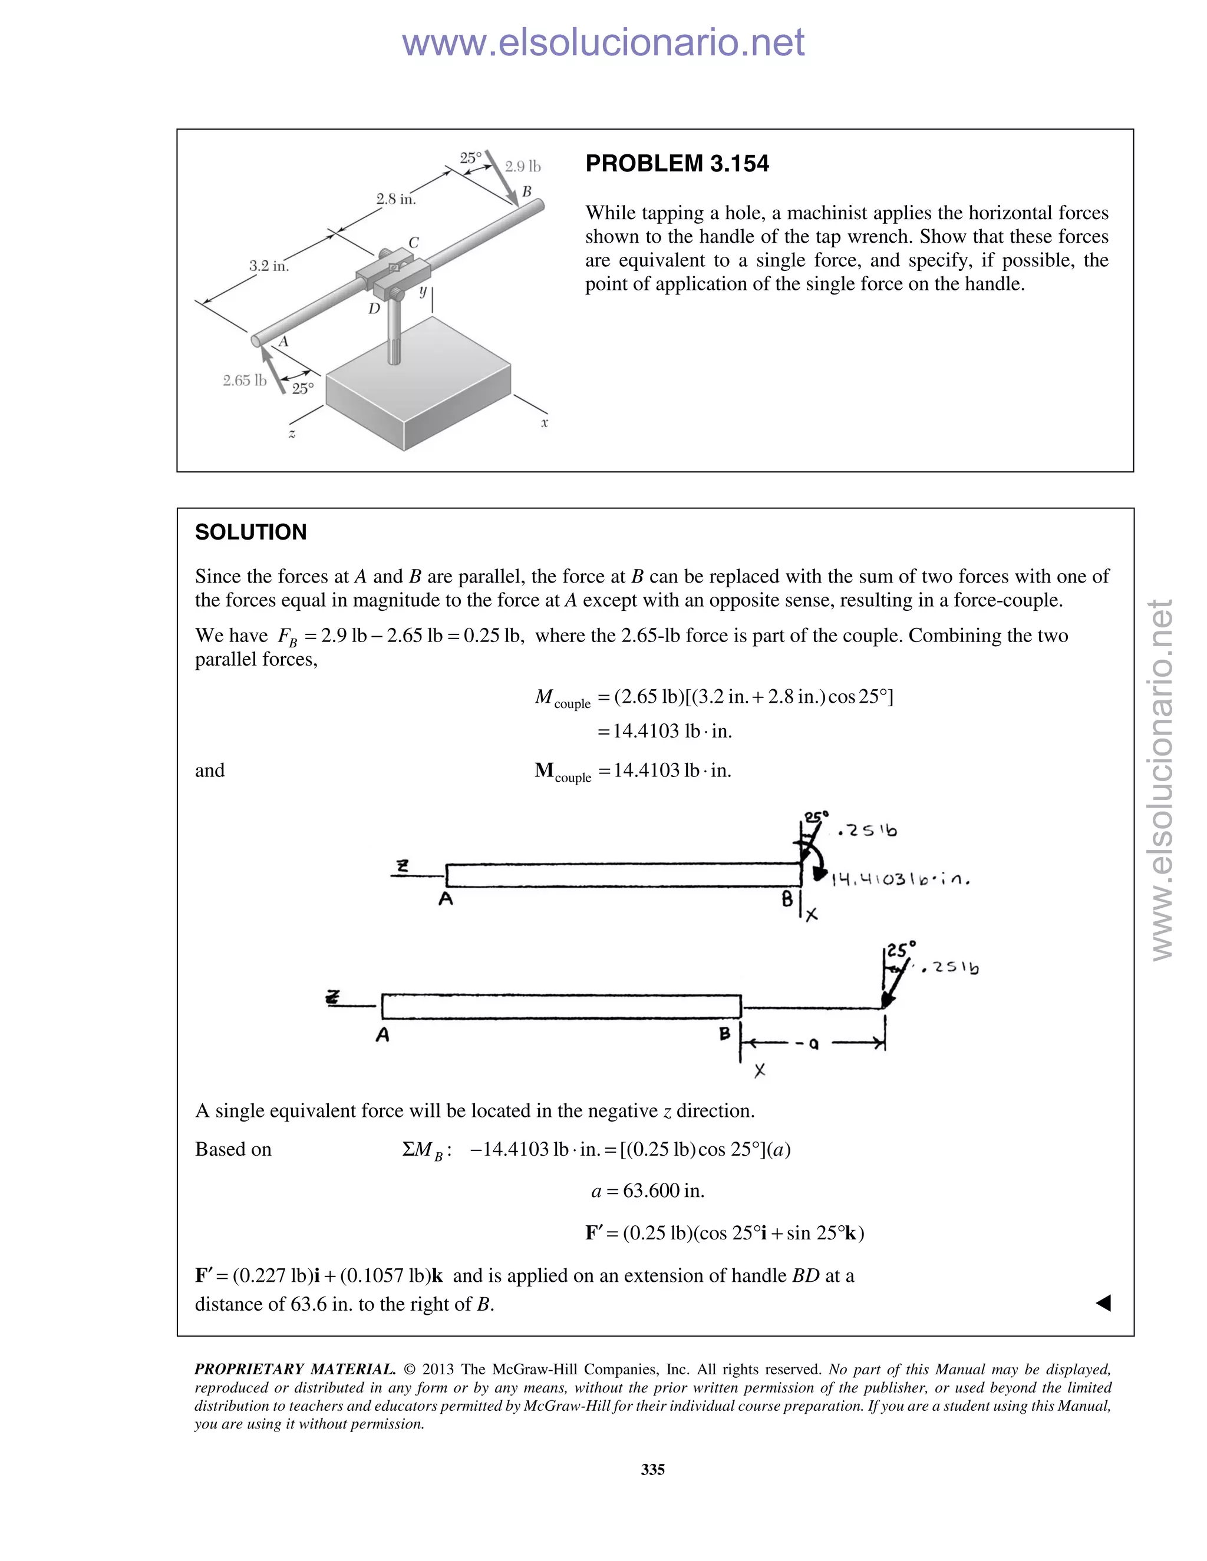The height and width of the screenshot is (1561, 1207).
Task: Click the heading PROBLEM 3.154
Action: [677, 164]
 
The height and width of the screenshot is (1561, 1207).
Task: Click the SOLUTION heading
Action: [250, 532]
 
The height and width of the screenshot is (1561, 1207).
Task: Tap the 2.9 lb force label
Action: [523, 167]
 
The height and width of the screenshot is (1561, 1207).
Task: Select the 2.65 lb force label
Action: [245, 381]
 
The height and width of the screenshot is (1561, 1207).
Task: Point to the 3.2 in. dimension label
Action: [269, 266]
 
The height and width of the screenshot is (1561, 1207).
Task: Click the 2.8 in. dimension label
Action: [396, 200]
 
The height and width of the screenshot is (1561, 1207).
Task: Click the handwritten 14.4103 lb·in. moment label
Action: [899, 880]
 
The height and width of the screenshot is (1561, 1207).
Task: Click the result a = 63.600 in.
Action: [648, 1190]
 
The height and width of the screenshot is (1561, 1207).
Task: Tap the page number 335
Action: [653, 1470]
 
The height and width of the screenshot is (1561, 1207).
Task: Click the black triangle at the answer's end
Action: [1103, 1303]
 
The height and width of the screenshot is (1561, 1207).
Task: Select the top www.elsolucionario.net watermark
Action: [603, 42]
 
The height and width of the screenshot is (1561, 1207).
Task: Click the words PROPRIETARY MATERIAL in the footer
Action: [295, 1370]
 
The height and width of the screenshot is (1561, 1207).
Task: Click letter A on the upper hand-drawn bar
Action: [446, 899]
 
